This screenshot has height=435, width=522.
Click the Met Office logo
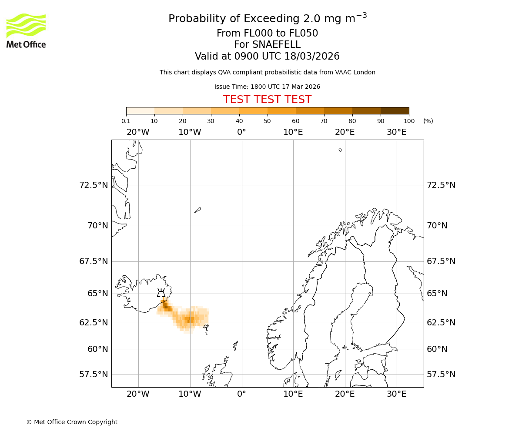coord(26,30)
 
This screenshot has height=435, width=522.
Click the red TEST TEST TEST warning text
coord(267,100)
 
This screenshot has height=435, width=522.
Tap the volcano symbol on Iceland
coord(161,293)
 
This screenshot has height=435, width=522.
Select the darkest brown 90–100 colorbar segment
coord(395,110)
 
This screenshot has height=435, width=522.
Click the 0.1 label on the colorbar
coord(126,121)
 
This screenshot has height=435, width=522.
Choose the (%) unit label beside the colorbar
coord(428,121)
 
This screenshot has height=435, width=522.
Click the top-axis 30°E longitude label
coord(396,132)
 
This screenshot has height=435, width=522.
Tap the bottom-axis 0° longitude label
coord(241,394)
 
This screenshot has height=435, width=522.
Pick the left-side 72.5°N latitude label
coord(93,185)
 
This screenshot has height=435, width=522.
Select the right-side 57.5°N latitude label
coord(441,375)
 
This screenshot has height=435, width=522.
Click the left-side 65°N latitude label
coord(97,294)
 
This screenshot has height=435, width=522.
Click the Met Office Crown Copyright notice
coord(72,422)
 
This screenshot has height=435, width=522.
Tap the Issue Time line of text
coord(267,87)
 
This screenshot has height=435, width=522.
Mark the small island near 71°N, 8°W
coord(197,210)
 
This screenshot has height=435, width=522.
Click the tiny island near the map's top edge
coord(340,150)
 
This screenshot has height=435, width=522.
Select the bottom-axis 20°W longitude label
coord(138,394)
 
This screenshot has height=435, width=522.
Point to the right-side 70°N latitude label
coord(437,226)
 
